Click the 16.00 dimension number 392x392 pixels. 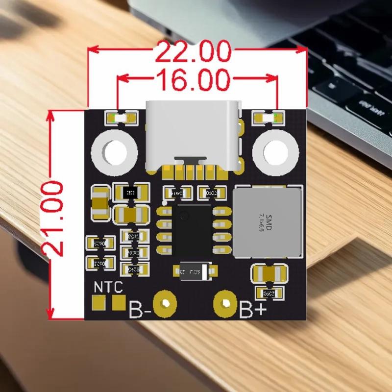tap(193, 79)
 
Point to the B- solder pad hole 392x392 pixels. tap(165, 304)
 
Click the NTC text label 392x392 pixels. tap(109, 288)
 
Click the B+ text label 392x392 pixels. tap(253, 309)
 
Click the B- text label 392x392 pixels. tap(140, 310)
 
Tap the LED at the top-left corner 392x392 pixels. tap(121, 118)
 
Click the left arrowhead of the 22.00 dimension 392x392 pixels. tap(91, 50)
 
